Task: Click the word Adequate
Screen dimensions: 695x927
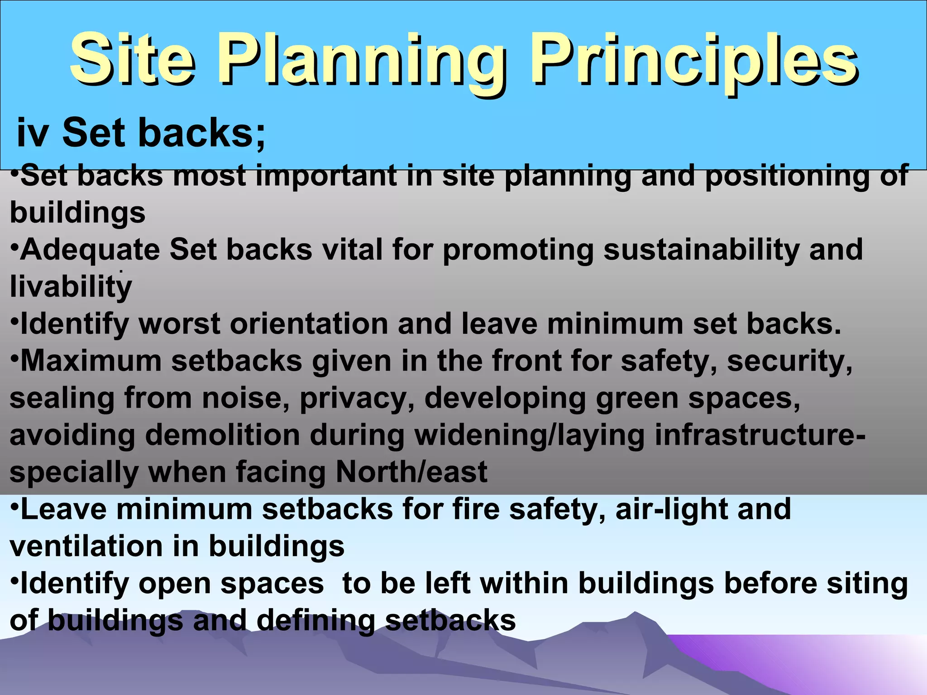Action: pos(90,250)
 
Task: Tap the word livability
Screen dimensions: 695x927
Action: pos(71,287)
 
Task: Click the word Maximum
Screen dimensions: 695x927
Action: pos(91,361)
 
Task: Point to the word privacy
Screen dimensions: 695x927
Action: pos(357,399)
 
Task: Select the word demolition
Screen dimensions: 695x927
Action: pos(222,435)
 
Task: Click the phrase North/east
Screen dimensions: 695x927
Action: pos(411,472)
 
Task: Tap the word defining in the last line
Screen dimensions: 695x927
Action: pos(315,620)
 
